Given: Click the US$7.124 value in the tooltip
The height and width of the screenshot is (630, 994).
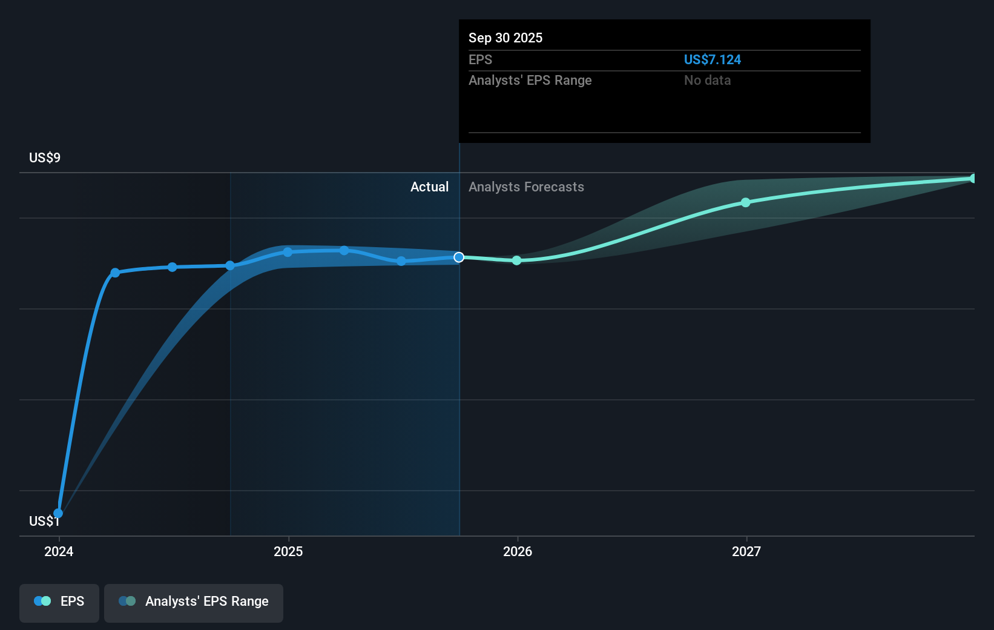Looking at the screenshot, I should pyautogui.click(x=712, y=60).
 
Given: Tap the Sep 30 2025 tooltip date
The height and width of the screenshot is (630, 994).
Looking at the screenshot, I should pyautogui.click(x=505, y=38).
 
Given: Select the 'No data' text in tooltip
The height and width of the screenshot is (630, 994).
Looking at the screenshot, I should pyautogui.click(x=707, y=81).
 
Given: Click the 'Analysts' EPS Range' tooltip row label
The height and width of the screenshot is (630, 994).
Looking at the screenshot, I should pyautogui.click(x=530, y=81).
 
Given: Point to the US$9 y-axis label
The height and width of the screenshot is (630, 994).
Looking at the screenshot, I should pyautogui.click(x=45, y=158).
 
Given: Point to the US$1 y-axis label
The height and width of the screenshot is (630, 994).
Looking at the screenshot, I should pyautogui.click(x=44, y=522).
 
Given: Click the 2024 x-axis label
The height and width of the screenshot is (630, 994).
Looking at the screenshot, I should pyautogui.click(x=59, y=552).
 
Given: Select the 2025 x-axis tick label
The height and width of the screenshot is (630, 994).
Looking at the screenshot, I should pyautogui.click(x=288, y=552).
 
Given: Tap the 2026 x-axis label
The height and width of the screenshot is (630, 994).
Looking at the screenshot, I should pyautogui.click(x=518, y=552).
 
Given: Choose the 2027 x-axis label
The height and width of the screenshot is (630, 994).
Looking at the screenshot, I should pyautogui.click(x=746, y=552).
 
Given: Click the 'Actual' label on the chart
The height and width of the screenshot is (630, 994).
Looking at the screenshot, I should pyautogui.click(x=429, y=187).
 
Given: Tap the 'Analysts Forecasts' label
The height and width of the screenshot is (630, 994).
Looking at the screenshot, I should pyautogui.click(x=526, y=187).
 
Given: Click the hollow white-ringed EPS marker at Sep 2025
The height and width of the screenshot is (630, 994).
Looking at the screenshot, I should pyautogui.click(x=459, y=257).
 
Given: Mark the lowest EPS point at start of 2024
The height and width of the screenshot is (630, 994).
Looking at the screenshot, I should pyautogui.click(x=58, y=514).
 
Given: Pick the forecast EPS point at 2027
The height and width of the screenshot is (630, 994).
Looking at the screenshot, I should pyautogui.click(x=746, y=202).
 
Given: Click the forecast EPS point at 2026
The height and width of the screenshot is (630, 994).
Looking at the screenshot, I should pyautogui.click(x=516, y=260).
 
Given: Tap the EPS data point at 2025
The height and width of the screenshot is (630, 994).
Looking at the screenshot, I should pyautogui.click(x=288, y=252).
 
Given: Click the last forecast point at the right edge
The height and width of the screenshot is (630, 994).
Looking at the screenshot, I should pyautogui.click(x=973, y=179).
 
